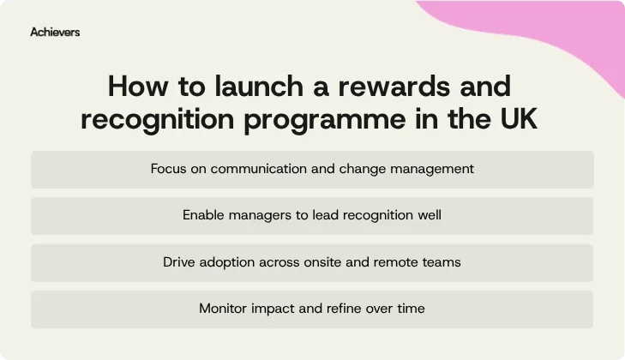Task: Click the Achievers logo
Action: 55,32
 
